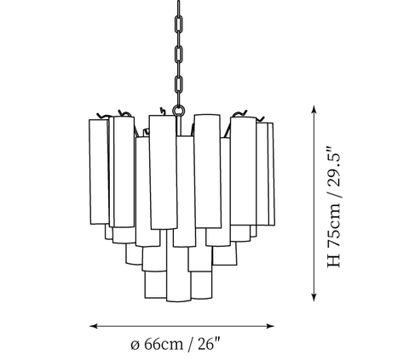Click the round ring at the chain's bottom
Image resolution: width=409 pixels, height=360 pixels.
(x=179, y=106)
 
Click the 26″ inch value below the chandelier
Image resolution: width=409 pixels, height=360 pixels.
(x=209, y=344)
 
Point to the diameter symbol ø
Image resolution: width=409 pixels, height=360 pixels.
(x=135, y=345)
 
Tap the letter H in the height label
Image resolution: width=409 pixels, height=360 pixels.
(x=334, y=260)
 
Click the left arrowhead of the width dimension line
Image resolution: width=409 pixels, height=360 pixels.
(x=94, y=326)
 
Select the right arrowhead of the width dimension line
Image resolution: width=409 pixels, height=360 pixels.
(x=271, y=326)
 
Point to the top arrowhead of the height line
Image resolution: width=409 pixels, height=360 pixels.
(x=314, y=109)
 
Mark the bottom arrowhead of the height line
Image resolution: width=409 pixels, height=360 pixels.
(x=314, y=297)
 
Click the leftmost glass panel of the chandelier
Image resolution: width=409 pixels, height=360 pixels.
(x=99, y=172)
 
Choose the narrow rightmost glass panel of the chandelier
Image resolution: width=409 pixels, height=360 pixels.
(x=271, y=174)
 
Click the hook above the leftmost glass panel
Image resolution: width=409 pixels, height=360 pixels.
(x=102, y=117)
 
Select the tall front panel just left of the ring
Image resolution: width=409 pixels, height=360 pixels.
(x=163, y=172)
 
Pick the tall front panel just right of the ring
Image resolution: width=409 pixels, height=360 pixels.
(x=207, y=171)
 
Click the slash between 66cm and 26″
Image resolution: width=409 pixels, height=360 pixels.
(x=190, y=345)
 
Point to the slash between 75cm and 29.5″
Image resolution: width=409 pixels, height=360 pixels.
(x=334, y=193)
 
